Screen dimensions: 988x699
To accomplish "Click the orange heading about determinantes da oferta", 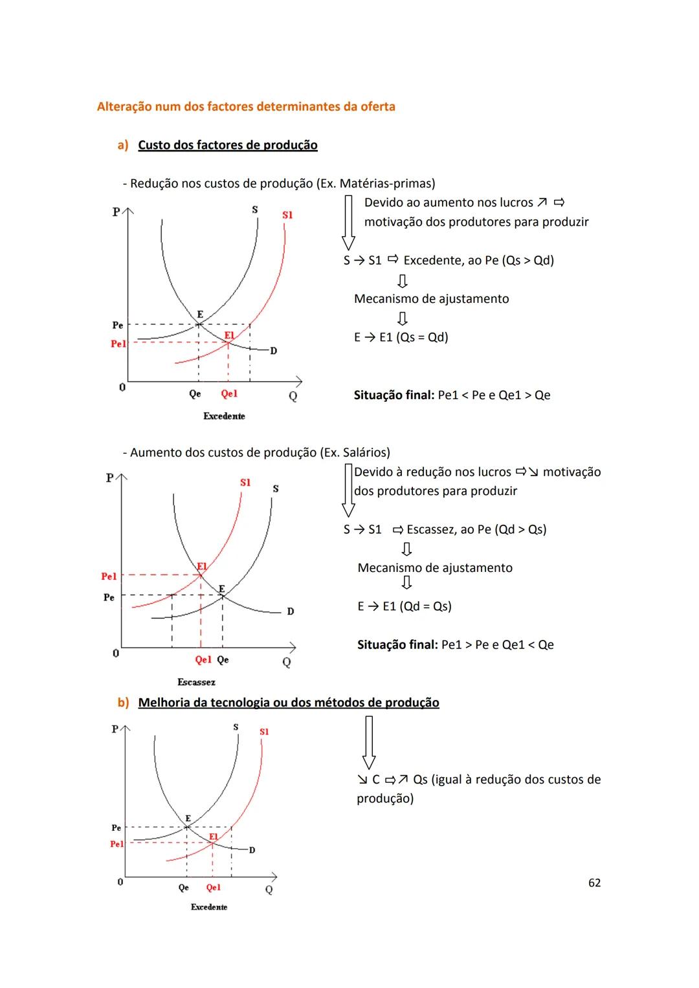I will pos(246,107).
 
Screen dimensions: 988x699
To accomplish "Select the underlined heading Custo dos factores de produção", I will pos(227,145).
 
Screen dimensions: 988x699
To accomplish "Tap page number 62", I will pos(594,883).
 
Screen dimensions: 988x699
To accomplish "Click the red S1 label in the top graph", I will pos(287,215).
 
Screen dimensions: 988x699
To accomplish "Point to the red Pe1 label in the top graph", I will pos(118,344).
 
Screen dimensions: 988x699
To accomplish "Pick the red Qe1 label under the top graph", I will pos(229,393).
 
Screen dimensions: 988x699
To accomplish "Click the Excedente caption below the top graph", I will pos(224,416).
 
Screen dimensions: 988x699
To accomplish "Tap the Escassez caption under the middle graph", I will pos(196,682).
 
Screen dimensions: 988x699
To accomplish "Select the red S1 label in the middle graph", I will pos(245,483).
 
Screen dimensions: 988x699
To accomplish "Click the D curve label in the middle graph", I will pos(291,611).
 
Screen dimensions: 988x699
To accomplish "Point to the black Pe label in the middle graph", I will pos(109,597).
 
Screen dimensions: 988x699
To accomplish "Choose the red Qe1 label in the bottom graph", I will pos(213,888).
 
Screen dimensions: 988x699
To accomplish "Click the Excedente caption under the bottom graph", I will pos(209,907).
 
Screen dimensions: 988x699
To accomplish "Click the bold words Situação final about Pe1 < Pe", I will pos(394,395).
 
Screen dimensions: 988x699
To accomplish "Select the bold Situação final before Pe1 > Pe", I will pos(397,645).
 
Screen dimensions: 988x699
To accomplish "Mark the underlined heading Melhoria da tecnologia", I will pos(289,703).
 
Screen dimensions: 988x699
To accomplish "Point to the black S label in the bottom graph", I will pos(236,727).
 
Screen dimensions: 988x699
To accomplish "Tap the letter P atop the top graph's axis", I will pos(116,212).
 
